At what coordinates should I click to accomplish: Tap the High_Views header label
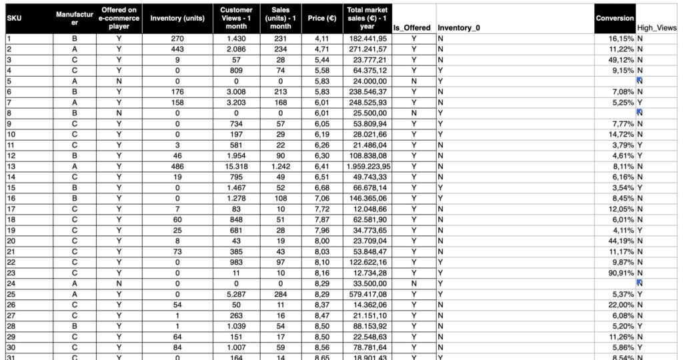tap(657, 29)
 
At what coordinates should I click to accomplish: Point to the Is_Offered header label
tap(412, 29)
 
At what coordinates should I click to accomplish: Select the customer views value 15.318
tap(237, 166)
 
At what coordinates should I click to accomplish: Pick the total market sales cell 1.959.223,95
tap(368, 166)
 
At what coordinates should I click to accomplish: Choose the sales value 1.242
tap(281, 166)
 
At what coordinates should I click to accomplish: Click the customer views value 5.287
tap(237, 294)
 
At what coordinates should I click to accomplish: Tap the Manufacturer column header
tap(74, 18)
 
